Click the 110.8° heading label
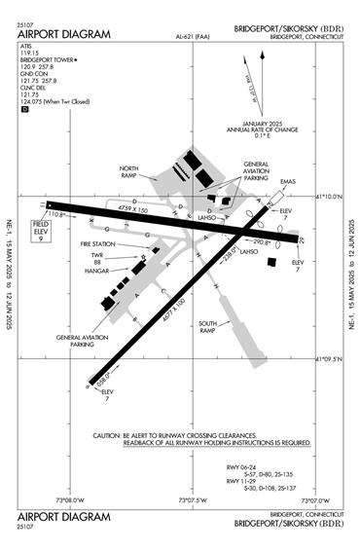(55, 214)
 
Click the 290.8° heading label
(262, 241)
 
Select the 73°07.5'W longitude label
(191, 500)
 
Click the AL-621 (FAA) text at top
(195, 37)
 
